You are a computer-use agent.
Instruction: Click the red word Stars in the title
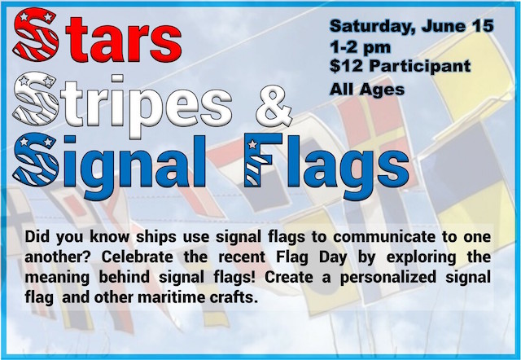coord(97,35)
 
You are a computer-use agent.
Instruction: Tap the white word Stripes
coord(122,103)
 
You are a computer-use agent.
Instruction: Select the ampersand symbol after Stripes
coord(274,106)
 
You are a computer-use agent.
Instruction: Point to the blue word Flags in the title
coord(326,165)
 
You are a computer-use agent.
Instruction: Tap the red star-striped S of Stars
coord(35,35)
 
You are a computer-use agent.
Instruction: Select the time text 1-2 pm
coord(360,47)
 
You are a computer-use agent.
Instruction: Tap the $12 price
coord(346,66)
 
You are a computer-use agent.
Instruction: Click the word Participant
coord(420,67)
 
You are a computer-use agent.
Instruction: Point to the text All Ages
coord(367,90)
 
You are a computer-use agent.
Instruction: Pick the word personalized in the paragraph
coord(388,278)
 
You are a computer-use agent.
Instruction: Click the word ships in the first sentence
coord(156,238)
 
